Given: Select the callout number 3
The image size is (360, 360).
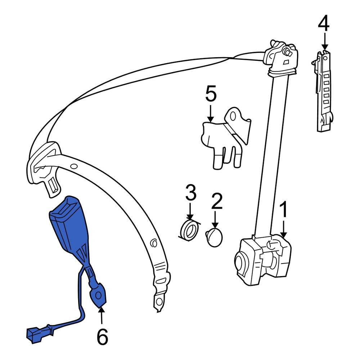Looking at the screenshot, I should (x=191, y=193).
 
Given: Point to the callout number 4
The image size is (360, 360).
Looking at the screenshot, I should (x=323, y=24).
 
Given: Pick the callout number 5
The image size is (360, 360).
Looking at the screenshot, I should (x=211, y=94).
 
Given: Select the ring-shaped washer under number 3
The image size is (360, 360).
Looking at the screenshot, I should (x=189, y=231).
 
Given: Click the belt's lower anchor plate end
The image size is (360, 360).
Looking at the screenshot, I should (x=158, y=301).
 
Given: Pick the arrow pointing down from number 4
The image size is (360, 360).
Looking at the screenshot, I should (x=325, y=41).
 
